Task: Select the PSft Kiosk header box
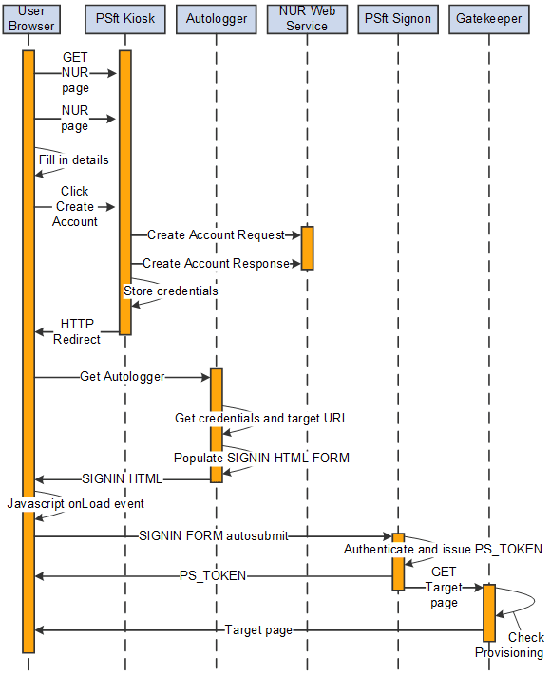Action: (124, 18)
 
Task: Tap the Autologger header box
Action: (217, 18)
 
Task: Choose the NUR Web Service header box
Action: (307, 18)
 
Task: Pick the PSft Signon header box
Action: (398, 18)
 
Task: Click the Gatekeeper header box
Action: (488, 18)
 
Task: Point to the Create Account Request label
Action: (216, 234)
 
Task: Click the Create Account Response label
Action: (216, 263)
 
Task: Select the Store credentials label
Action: (171, 291)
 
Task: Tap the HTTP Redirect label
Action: (77, 331)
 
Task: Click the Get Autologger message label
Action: (122, 377)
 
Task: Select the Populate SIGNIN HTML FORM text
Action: (261, 458)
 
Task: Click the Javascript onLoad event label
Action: (75, 502)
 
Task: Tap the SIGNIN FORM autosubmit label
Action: (213, 536)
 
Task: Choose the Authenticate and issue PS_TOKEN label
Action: (443, 549)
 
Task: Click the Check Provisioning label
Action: (509, 645)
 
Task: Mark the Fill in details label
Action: (73, 159)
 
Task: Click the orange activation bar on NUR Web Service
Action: (307, 248)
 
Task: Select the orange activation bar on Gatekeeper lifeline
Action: (488, 612)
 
